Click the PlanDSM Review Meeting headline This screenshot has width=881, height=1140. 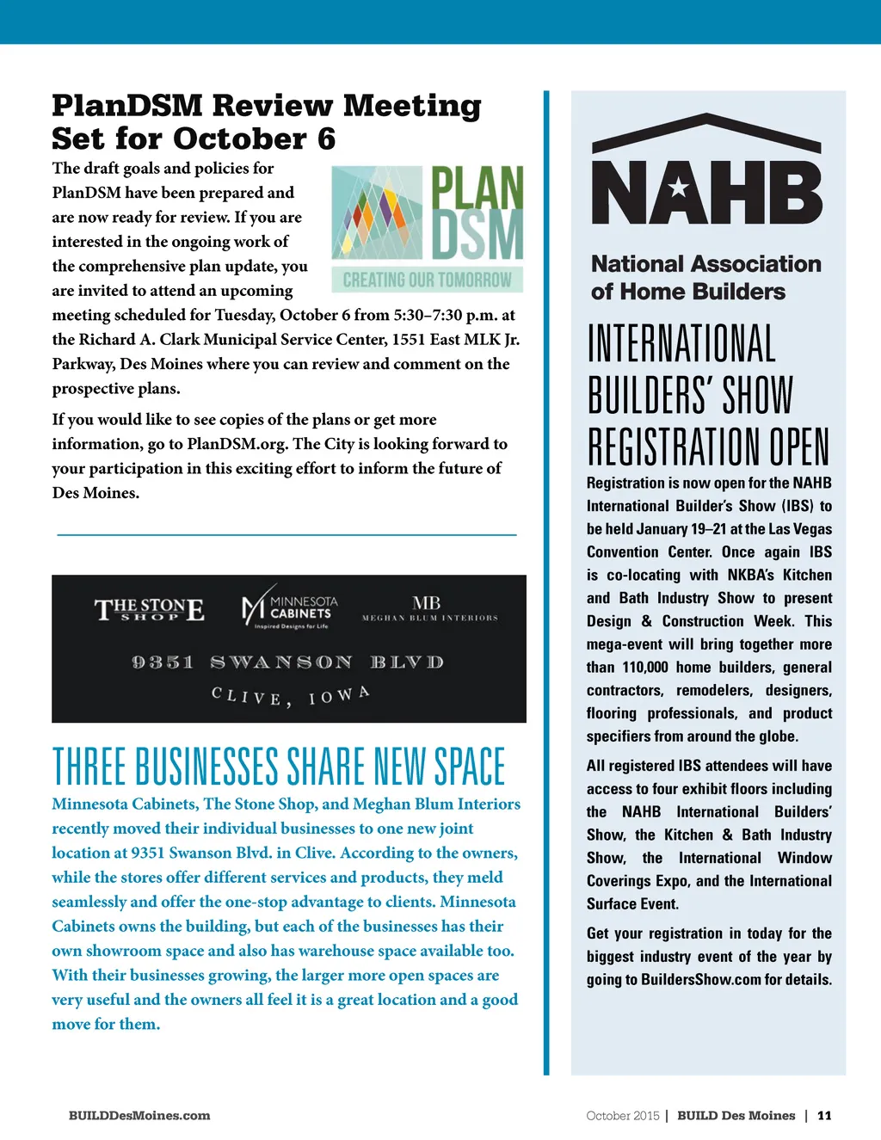pos(266,121)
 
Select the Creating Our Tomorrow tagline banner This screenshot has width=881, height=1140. pos(427,280)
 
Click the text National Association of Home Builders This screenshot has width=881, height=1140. pos(705,277)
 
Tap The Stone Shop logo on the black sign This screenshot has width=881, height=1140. pos(149,610)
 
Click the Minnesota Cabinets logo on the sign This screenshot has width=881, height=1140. pos(290,611)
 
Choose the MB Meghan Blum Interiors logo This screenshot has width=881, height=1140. pos(428,607)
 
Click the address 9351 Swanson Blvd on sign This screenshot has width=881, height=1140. pos(287,662)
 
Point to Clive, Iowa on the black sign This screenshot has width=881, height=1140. pos(290,695)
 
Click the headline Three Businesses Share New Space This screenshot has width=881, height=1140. pos(279,766)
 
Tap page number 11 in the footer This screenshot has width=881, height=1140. pos(824,1115)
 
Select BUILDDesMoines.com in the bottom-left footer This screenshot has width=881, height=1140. pos(139,1115)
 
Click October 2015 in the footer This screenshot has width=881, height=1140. pos(622,1115)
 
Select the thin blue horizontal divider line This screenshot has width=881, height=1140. pos(286,535)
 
